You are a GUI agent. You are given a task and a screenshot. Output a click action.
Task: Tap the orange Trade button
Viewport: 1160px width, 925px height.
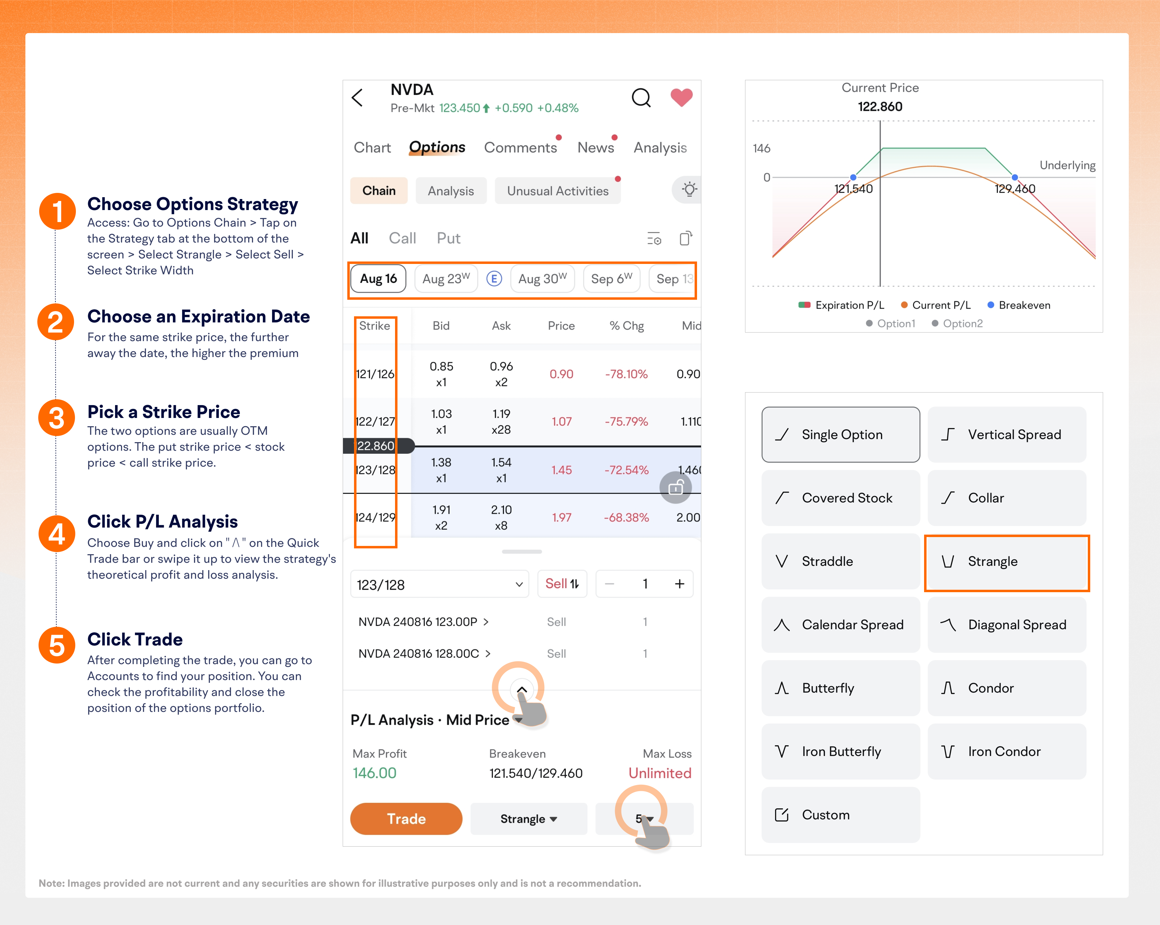[x=406, y=818]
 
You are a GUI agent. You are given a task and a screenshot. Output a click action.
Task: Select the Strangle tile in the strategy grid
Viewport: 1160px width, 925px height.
[x=1007, y=562]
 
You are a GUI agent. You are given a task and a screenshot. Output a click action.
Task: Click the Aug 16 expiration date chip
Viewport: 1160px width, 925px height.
[x=378, y=279]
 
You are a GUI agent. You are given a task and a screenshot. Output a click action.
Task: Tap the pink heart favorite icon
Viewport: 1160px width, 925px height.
[x=681, y=97]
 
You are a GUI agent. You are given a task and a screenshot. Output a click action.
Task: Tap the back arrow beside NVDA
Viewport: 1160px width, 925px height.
[x=357, y=97]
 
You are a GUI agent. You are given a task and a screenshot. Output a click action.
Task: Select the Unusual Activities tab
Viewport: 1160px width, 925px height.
[x=558, y=191]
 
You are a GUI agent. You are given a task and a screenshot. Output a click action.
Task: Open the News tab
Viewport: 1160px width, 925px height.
[x=595, y=148]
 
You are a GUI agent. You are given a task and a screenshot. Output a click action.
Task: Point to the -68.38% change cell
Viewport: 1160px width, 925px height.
[x=626, y=517]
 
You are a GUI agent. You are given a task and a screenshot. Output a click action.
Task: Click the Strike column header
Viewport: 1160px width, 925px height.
[x=375, y=326]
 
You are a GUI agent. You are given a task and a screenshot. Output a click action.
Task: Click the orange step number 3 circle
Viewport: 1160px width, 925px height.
[x=57, y=418]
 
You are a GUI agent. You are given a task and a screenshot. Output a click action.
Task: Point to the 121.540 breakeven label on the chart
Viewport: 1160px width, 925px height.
[x=853, y=189]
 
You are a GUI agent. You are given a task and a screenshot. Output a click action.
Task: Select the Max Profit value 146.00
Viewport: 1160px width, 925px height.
[x=375, y=773]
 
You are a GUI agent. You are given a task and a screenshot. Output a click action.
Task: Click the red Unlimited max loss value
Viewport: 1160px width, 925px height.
[x=660, y=773]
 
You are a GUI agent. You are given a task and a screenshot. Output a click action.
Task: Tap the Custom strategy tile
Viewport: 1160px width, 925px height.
[x=841, y=815]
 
